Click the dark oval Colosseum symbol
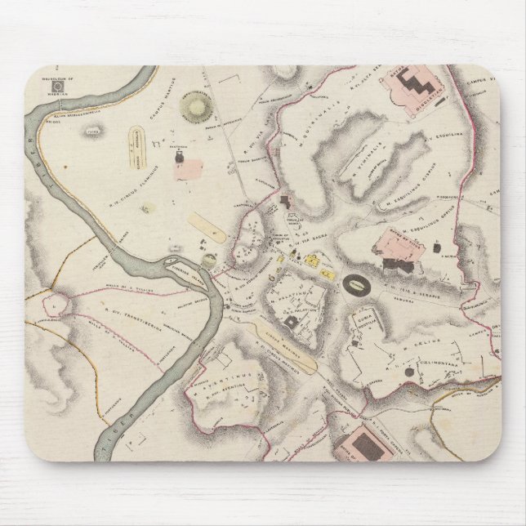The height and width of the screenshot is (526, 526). [x=356, y=285]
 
